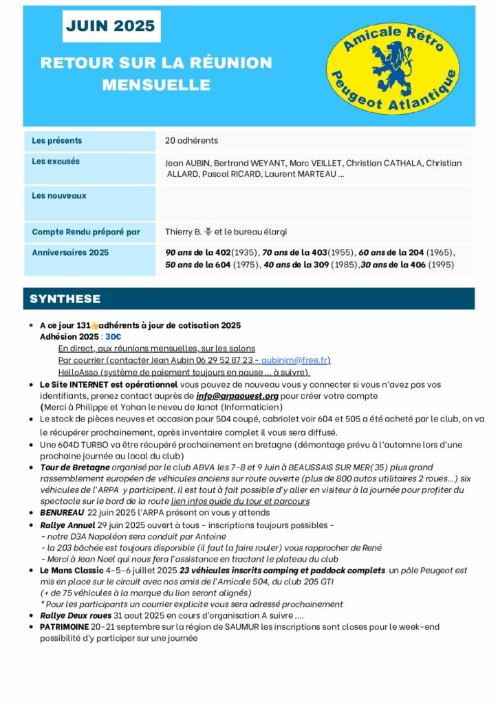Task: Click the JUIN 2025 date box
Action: point(111,27)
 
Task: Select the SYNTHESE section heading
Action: point(65,299)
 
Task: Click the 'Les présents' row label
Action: point(57,141)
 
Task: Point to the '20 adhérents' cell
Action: point(191,141)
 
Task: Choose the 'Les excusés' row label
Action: point(56,162)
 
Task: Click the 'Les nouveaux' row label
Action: point(59,196)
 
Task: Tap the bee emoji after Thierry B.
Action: point(208,232)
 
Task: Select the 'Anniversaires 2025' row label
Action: point(70,252)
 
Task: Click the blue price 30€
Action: point(113,337)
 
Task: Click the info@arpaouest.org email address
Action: point(237,396)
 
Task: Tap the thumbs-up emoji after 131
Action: point(95,325)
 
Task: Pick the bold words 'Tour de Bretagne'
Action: point(74,467)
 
